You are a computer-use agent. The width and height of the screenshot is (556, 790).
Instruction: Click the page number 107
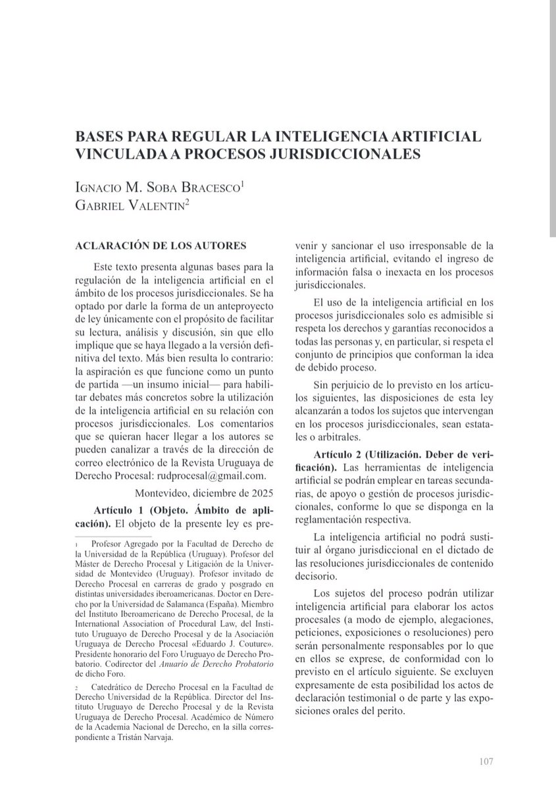coord(486,762)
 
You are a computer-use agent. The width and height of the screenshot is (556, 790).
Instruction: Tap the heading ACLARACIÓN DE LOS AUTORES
coord(161,246)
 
